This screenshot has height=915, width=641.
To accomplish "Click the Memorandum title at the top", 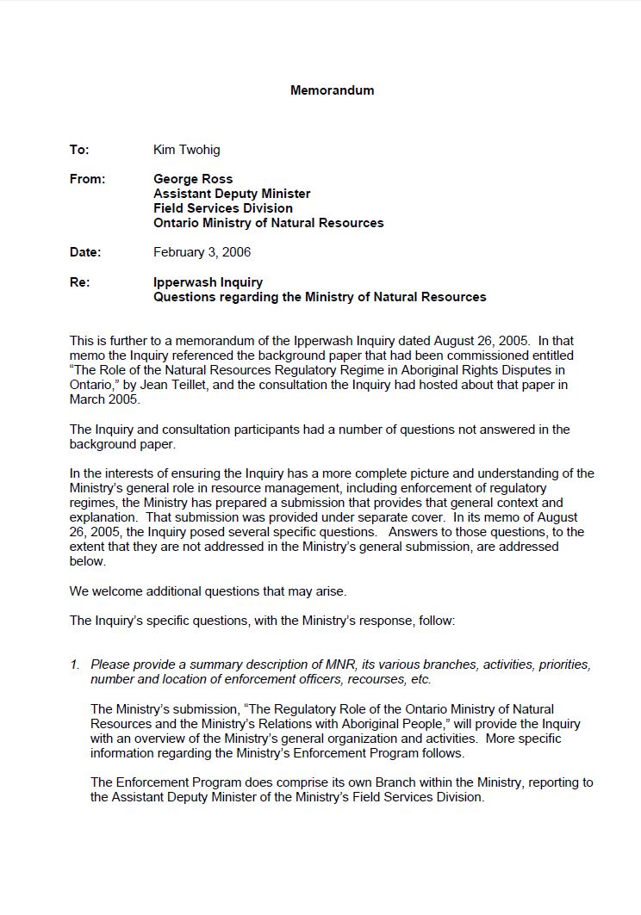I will pyautogui.click(x=332, y=90).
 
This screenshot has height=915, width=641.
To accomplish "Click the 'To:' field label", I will pyautogui.click(x=79, y=150).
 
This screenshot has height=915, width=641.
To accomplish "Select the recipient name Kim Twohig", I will pyautogui.click(x=186, y=150).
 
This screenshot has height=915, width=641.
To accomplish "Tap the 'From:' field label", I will pyautogui.click(x=87, y=179).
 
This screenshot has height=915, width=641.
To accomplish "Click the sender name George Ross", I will pyautogui.click(x=193, y=179).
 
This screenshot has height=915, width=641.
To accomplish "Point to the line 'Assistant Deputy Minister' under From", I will pyautogui.click(x=232, y=194).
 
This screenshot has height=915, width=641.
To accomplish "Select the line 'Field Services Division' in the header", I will pyautogui.click(x=222, y=208).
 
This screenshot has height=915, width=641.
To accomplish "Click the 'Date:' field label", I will pyautogui.click(x=85, y=252).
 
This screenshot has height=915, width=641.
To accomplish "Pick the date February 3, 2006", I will pyautogui.click(x=202, y=252).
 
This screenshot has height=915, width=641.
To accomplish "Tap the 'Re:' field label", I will pyautogui.click(x=79, y=282).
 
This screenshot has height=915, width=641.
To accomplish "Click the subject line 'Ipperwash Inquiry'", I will pyautogui.click(x=208, y=282).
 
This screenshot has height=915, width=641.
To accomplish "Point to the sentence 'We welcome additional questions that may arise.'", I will pyautogui.click(x=208, y=591).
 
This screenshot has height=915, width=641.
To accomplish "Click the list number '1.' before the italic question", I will pyautogui.click(x=75, y=665).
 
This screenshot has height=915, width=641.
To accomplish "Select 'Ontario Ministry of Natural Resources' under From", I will pyautogui.click(x=268, y=223).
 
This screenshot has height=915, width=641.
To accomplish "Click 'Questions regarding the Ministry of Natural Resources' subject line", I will pyautogui.click(x=320, y=297).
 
